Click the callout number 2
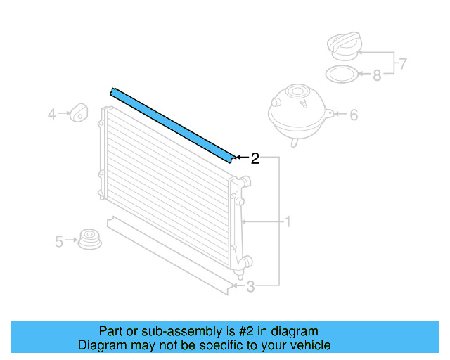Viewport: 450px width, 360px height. coord(255,158)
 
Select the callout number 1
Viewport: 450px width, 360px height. coord(288,222)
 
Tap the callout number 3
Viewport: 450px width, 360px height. coord(251,285)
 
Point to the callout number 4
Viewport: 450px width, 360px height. coord(52,112)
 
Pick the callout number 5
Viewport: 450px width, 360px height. coord(60,242)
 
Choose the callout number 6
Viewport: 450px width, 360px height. coord(354,114)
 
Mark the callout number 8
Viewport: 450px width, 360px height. coord(377,75)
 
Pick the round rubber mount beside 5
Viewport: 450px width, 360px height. coord(89,239)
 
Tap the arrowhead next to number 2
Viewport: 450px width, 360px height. coord(239,157)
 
